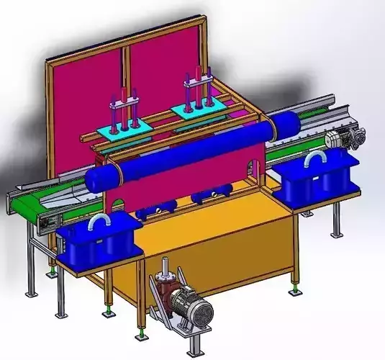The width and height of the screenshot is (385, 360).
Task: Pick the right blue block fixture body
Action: click(317, 180)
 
